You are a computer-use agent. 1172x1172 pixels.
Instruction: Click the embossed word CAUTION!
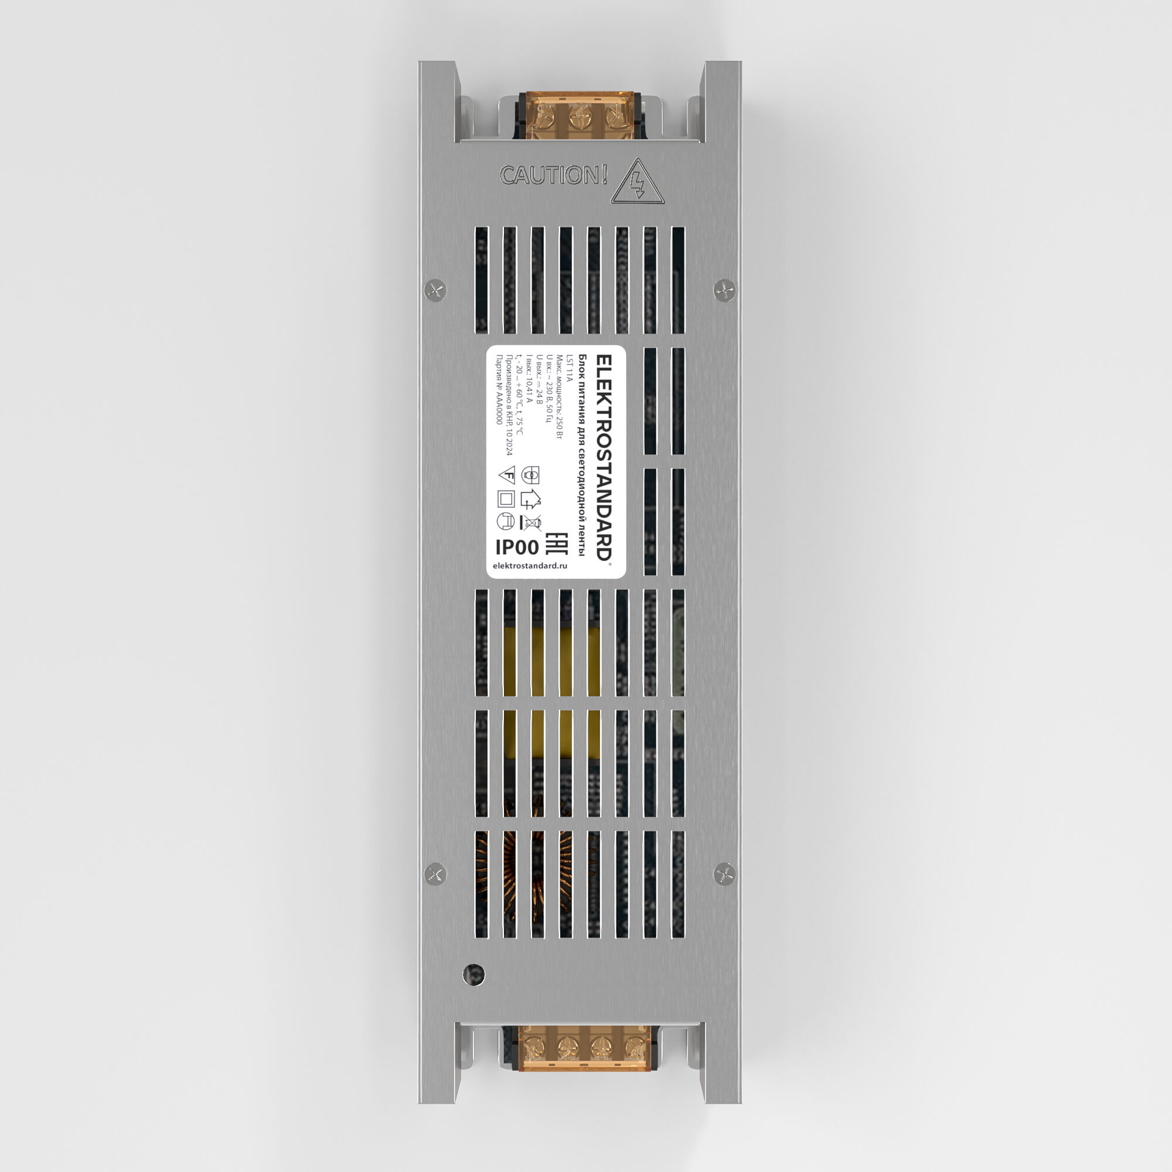click(x=553, y=176)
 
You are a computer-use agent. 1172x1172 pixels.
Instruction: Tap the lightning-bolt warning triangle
click(x=638, y=183)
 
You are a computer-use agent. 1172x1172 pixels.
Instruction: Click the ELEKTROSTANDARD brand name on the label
click(x=604, y=458)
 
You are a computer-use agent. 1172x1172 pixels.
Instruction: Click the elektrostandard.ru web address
click(x=530, y=565)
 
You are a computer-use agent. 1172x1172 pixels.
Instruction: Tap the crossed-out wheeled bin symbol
click(x=533, y=522)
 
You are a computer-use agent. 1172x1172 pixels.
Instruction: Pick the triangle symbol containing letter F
click(x=507, y=475)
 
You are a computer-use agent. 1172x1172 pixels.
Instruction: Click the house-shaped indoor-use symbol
click(x=531, y=499)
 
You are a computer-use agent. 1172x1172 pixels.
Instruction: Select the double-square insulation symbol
click(x=506, y=499)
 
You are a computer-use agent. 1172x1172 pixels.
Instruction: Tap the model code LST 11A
click(x=568, y=368)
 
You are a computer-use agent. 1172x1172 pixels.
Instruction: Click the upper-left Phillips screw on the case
click(x=435, y=289)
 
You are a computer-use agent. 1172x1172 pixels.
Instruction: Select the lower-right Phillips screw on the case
click(x=724, y=874)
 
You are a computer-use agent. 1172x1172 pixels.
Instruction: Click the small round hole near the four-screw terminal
click(x=473, y=975)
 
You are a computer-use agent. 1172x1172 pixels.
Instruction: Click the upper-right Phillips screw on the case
click(x=724, y=290)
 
